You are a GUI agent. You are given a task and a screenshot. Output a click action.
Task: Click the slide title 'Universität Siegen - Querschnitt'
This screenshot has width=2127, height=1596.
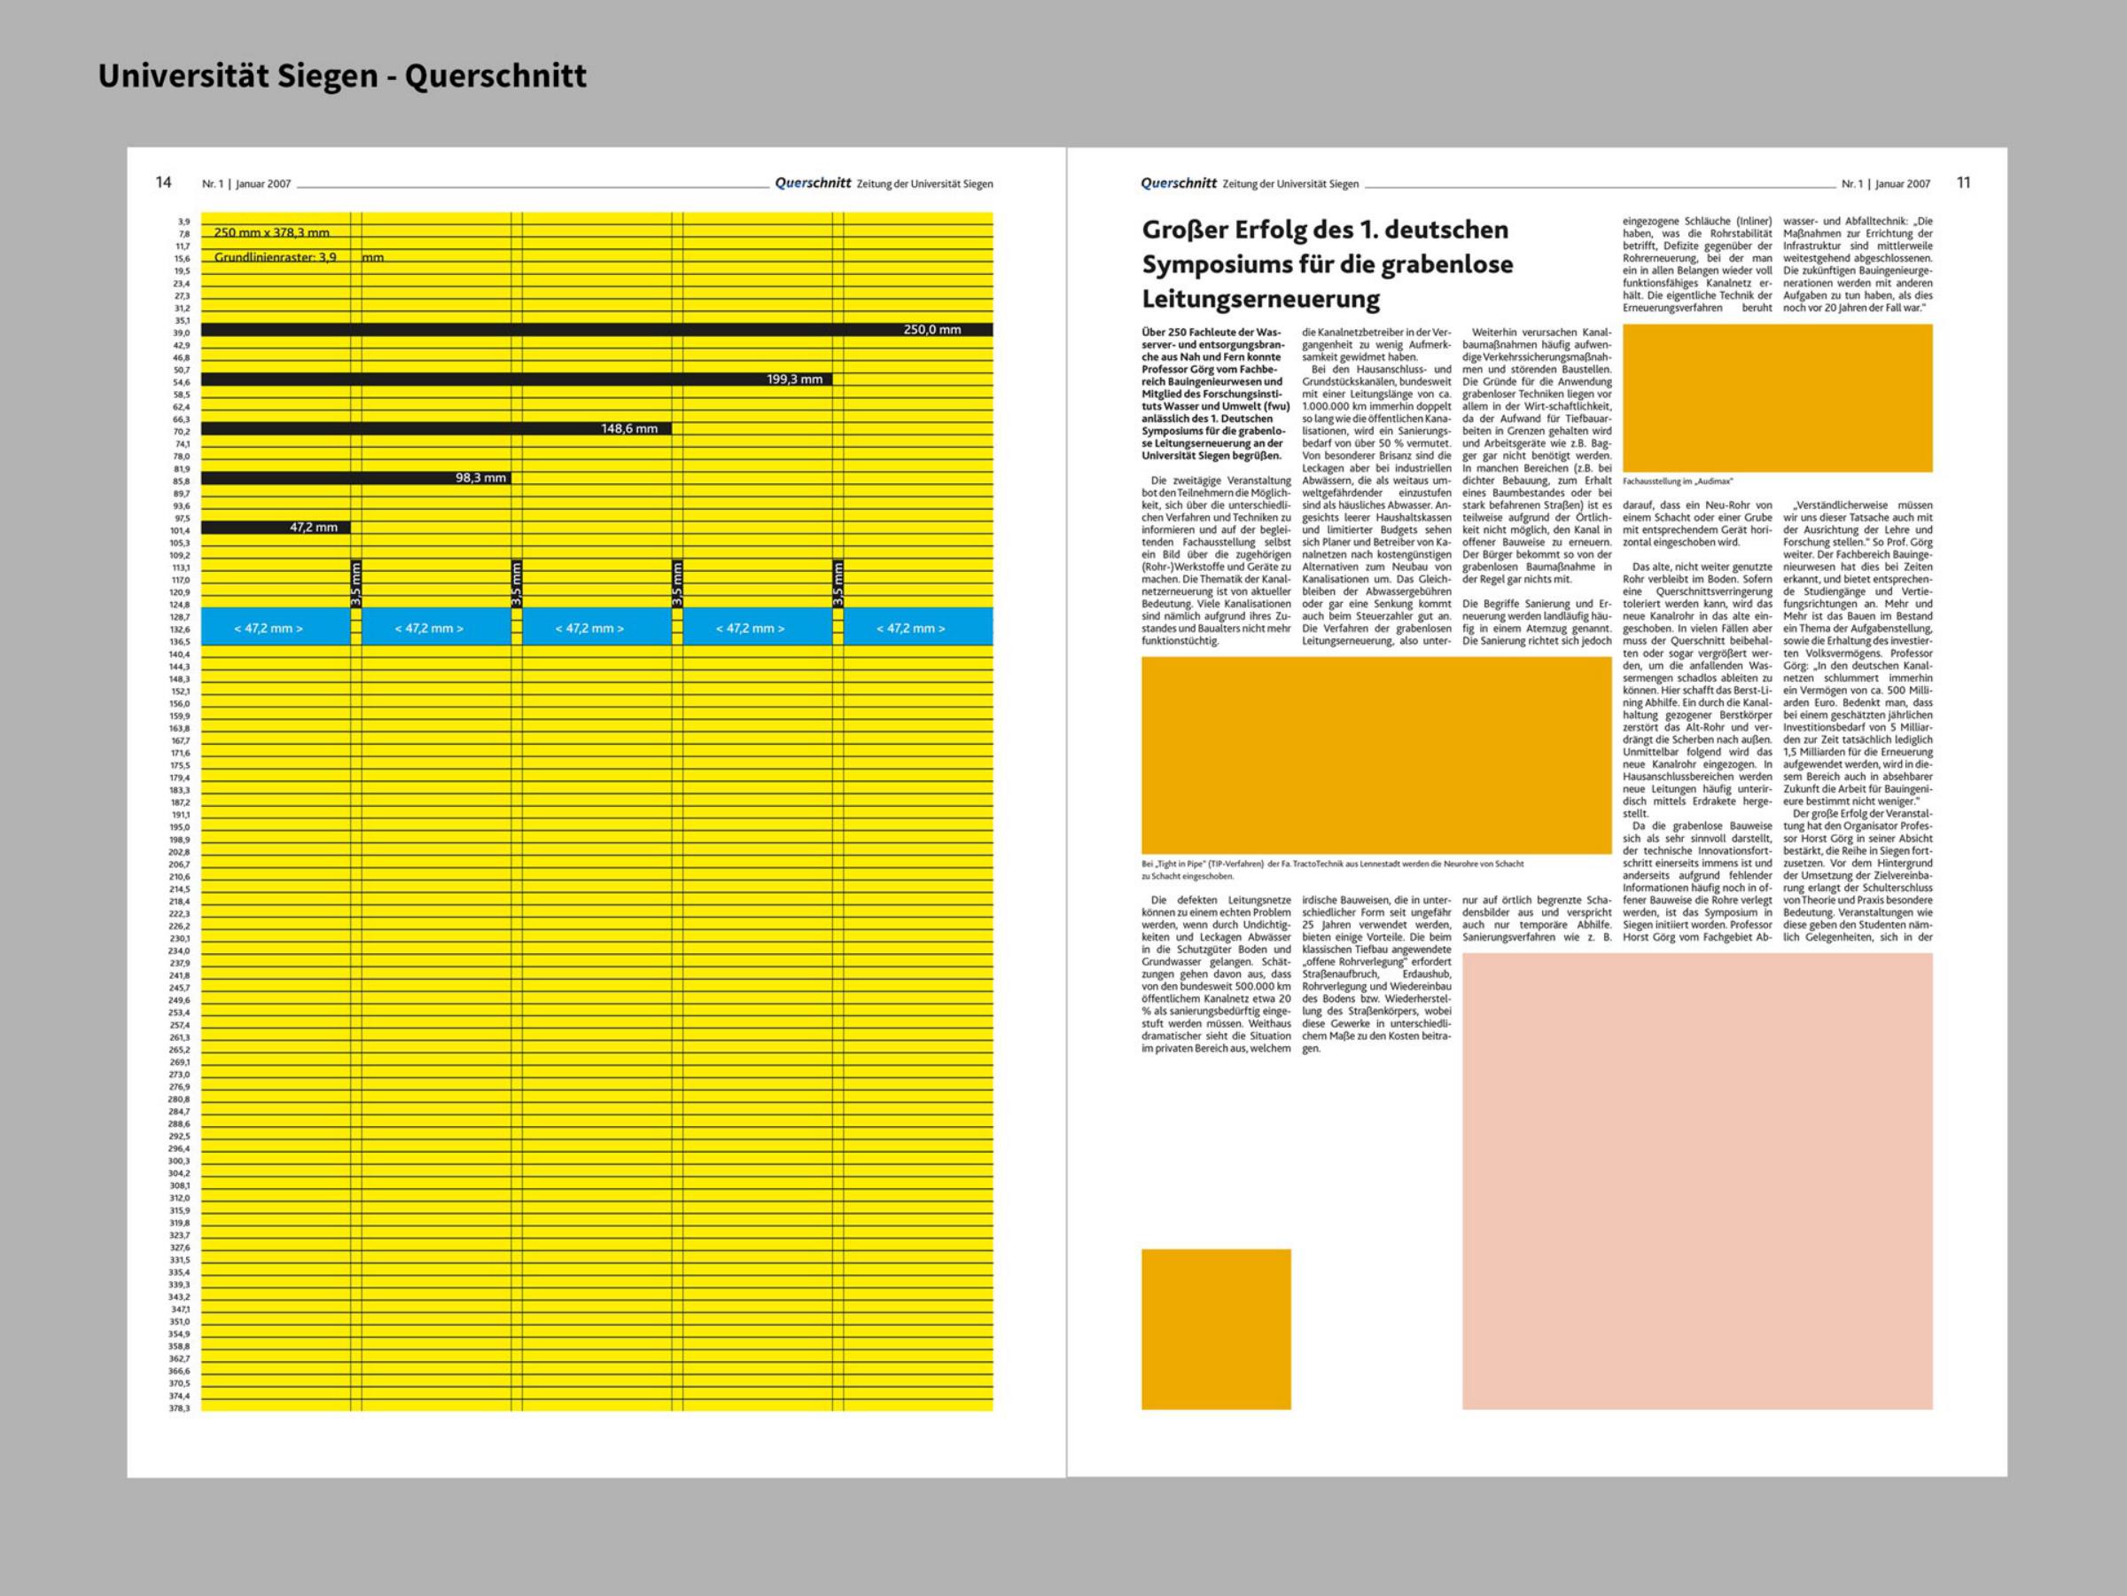[x=341, y=76]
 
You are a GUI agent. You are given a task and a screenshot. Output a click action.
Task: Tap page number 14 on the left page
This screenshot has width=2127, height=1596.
[x=163, y=183]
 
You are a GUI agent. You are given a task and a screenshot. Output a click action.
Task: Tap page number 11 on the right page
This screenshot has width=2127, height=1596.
[x=1964, y=183]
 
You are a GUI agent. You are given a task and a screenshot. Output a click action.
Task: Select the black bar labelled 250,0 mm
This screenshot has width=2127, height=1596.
[x=596, y=330]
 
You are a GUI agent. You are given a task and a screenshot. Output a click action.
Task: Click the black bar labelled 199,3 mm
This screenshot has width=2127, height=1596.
[x=517, y=379]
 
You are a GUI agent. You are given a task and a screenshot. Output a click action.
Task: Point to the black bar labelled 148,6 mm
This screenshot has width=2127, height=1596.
[x=436, y=428]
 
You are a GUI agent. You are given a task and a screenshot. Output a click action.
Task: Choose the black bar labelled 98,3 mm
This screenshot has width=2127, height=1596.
[x=354, y=478]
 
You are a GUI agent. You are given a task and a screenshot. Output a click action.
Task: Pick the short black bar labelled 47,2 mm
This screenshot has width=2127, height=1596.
[x=275, y=528]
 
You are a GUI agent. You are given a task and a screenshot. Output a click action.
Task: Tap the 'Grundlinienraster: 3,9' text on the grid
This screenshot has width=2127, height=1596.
[x=275, y=258]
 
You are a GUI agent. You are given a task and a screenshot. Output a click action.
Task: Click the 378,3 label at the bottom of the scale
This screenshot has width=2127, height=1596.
[x=180, y=1408]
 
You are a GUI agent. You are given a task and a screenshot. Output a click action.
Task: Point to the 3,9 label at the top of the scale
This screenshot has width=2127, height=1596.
[x=183, y=222]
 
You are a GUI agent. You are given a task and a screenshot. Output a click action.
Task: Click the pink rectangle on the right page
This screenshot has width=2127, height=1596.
[x=1697, y=1181]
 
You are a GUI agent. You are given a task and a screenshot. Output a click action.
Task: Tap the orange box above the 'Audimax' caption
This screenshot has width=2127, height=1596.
[x=1777, y=397]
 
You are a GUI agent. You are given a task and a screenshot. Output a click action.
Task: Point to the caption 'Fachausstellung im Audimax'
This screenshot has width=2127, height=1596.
[x=1677, y=481]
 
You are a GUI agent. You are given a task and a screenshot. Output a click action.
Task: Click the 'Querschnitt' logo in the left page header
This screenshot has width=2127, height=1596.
[x=813, y=183]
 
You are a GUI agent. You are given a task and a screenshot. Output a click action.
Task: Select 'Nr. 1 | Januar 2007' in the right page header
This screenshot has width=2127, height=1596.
[x=1886, y=184]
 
